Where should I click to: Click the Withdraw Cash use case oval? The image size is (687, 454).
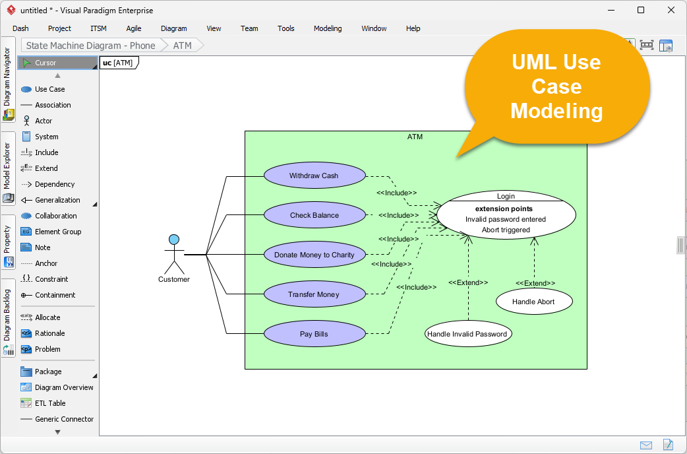click(314, 176)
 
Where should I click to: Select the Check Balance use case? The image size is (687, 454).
click(314, 216)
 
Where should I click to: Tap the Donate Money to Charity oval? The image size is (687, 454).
click(314, 255)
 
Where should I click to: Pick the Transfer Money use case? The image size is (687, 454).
click(314, 294)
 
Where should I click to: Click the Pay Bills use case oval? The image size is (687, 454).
click(314, 334)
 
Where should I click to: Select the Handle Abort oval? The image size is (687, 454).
click(533, 302)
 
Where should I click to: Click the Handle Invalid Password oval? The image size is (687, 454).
click(467, 334)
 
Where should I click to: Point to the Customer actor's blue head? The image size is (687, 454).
click(174, 239)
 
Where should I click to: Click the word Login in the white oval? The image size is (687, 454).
click(506, 196)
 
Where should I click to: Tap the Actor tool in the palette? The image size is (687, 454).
click(44, 121)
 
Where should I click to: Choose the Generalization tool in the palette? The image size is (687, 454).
click(57, 200)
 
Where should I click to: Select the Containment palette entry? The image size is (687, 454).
click(55, 295)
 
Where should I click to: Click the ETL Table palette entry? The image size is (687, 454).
click(50, 403)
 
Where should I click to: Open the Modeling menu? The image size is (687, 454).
click(328, 28)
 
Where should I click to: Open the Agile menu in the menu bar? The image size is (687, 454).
click(134, 28)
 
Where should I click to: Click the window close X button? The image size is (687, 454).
click(671, 10)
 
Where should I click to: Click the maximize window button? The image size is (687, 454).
click(640, 10)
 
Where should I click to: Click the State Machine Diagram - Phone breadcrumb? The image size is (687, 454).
click(90, 46)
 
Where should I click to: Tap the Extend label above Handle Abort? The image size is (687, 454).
click(535, 283)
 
